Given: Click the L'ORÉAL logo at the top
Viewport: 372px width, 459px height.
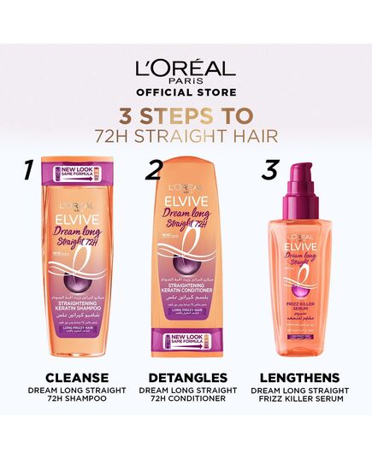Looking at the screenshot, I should (x=186, y=69).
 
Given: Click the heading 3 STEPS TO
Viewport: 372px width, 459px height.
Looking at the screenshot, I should (x=186, y=116).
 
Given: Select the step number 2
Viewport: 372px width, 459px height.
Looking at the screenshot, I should (x=154, y=168).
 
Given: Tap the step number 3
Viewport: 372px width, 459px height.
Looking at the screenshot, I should (x=270, y=168).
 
